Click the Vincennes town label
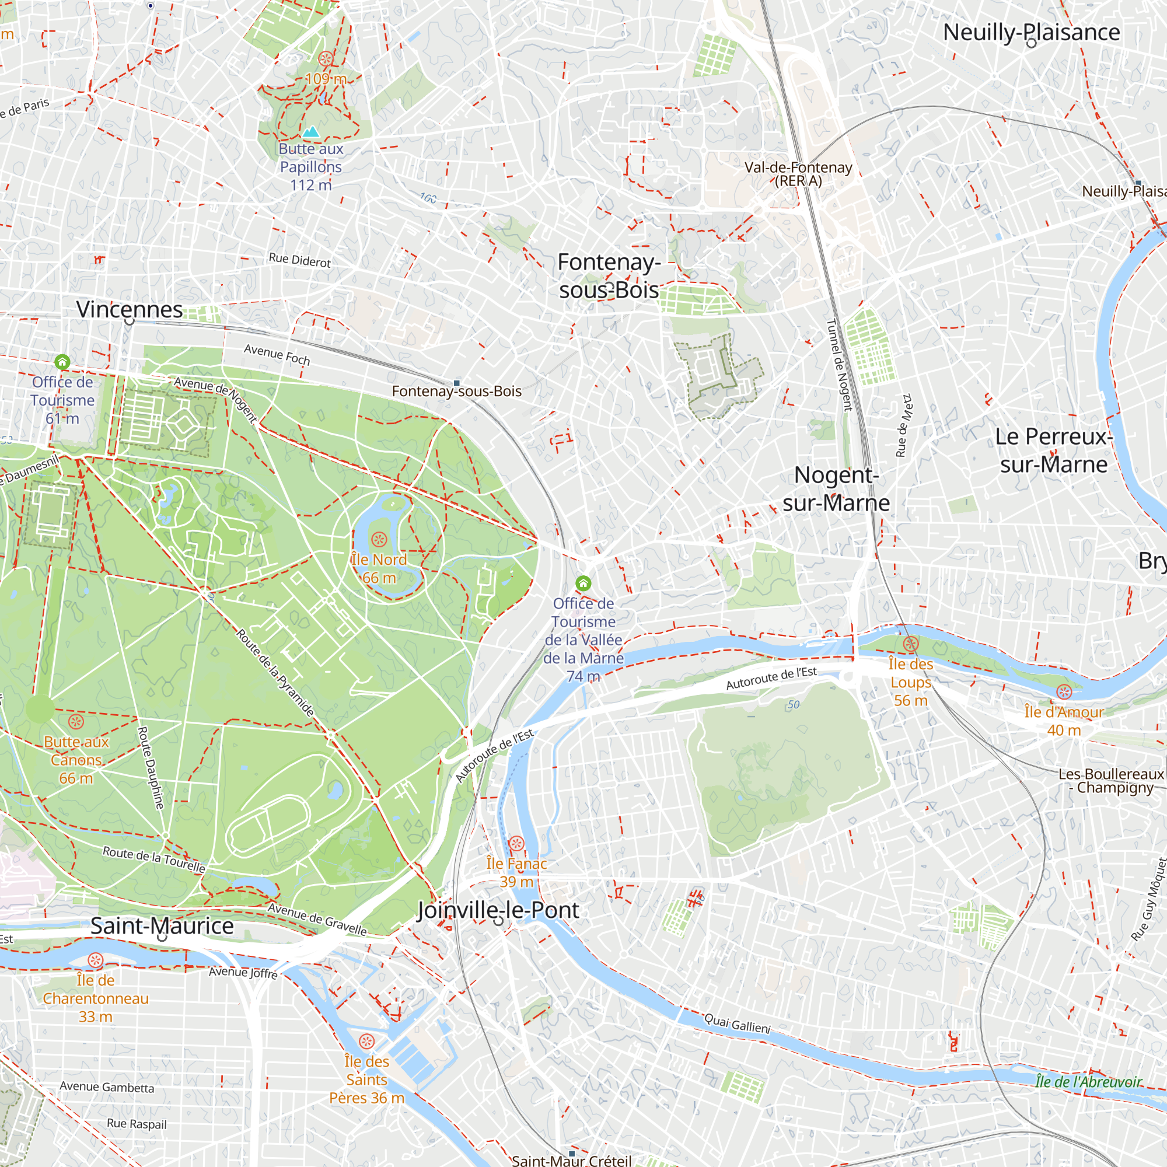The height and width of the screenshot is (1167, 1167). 130,309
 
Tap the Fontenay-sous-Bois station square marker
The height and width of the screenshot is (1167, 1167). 457,383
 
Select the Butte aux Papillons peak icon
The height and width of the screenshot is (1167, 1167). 311,132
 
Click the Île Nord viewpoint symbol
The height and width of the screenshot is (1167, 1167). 379,539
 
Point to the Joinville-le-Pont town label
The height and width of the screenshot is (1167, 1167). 498,910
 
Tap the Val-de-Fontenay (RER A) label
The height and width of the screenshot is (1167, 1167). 798,174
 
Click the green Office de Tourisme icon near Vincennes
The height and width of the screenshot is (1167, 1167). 62,362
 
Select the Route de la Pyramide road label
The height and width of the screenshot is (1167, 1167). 275,673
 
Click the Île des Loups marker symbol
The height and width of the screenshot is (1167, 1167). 911,644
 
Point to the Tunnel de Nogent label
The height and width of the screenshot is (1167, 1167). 839,365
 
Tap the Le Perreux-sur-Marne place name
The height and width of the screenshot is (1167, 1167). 1053,450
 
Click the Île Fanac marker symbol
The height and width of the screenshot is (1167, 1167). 516,843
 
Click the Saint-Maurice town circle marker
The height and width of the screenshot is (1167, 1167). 162,937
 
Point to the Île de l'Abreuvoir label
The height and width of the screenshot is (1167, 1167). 1088,1082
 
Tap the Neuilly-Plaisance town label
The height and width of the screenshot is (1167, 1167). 1031,32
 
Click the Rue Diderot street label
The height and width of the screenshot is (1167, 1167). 299,260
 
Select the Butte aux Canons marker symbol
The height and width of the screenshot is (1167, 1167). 76,721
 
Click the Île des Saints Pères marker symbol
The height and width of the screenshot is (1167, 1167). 366,1042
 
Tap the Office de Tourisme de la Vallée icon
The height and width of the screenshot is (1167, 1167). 583,583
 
